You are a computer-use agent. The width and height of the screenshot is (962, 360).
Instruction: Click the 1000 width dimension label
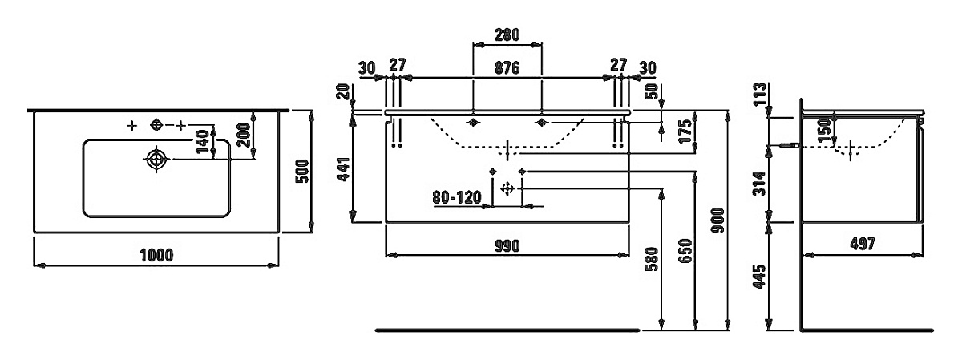click(x=157, y=255)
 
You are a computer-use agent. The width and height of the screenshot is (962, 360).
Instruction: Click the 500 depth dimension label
click(x=302, y=171)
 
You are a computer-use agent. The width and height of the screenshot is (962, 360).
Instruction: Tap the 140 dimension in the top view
click(x=202, y=142)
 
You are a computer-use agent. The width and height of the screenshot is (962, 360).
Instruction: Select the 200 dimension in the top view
click(x=244, y=135)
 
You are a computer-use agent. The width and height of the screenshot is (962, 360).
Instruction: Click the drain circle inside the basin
click(x=156, y=159)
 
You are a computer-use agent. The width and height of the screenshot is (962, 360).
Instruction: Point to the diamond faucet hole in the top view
click(x=156, y=125)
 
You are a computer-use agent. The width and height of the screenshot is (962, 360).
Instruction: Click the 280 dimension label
click(x=507, y=34)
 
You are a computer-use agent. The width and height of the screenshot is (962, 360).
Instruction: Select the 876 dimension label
click(x=507, y=68)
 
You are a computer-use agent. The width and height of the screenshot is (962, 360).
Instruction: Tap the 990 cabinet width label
click(x=507, y=245)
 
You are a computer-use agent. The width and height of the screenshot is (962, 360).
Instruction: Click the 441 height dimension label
click(x=344, y=169)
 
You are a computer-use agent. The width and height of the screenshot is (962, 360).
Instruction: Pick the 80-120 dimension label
click(x=457, y=197)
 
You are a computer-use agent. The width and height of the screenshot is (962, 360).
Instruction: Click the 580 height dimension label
click(x=651, y=260)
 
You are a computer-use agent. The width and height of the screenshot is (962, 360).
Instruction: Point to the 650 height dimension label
click(x=686, y=251)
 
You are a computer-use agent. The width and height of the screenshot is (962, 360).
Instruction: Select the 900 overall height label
click(x=717, y=220)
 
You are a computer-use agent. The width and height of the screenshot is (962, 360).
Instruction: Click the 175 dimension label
click(x=686, y=131)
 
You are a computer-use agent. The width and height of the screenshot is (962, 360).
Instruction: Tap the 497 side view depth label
click(x=863, y=244)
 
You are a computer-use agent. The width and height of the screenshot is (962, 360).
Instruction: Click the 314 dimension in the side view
click(x=759, y=184)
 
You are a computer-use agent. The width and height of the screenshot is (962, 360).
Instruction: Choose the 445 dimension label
click(x=759, y=277)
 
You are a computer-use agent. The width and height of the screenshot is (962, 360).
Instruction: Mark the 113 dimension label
click(x=759, y=94)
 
